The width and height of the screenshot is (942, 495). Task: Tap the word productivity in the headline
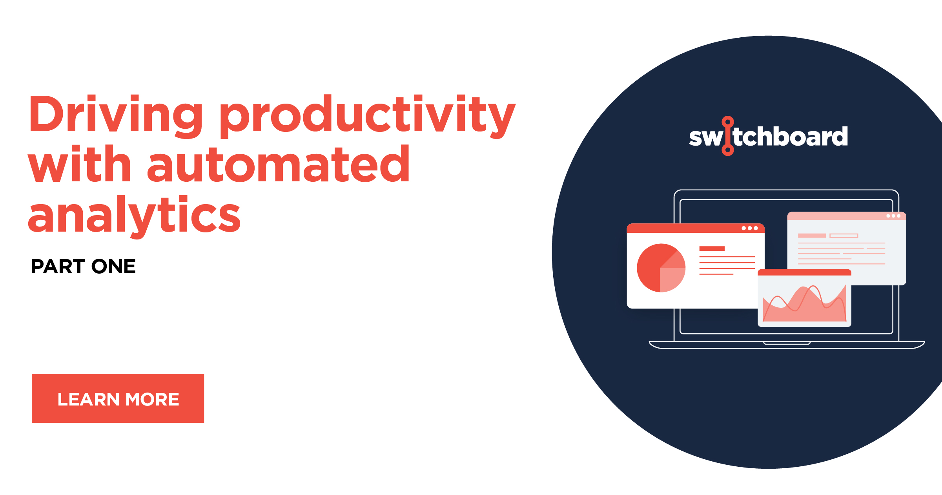point(367,115)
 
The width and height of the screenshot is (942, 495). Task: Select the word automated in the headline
point(278,164)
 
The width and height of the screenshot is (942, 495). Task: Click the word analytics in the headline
point(134,215)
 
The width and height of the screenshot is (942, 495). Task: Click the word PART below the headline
point(58,267)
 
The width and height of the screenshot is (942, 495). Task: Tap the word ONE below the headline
point(113,267)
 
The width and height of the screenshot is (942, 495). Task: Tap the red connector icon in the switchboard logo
point(727,136)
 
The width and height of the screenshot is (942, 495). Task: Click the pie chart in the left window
point(661,268)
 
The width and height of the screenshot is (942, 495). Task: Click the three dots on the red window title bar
point(749,228)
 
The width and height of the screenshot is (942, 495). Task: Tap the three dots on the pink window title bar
point(893,216)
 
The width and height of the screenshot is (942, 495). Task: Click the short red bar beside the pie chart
point(712,248)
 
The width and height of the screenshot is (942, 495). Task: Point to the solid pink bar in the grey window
point(812,236)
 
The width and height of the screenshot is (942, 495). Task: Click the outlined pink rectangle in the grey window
point(844,236)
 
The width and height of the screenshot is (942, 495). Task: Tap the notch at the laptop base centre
point(787,343)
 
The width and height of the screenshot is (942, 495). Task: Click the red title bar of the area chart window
point(804,272)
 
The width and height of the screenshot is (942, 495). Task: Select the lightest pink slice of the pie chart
point(671,279)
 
